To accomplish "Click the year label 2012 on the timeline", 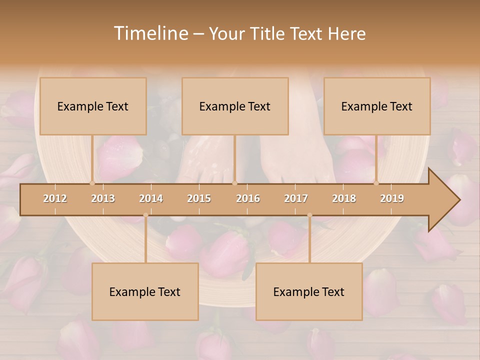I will coord(55,198).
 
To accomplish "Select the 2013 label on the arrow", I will coord(103,198).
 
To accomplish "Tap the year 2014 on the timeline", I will coord(151,198).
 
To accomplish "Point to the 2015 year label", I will coord(199,198).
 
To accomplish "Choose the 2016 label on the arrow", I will coord(248,198).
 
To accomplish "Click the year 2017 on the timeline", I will coord(296,198).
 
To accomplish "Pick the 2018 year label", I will coord(344,198).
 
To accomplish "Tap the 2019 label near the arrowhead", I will coord(392,198).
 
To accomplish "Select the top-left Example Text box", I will coord(93,106).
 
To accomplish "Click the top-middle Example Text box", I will coord(235,106).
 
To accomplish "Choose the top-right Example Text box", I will coord(377,106).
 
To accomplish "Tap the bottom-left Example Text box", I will coord(145,291).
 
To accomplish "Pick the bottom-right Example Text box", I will coord(309,291).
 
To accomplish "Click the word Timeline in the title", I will coord(150,33).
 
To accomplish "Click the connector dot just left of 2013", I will coord(92,183).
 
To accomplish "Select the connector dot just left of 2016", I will coord(235,183).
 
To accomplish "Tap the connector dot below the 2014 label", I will coord(145,215).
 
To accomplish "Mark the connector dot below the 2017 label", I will coord(309,215).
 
